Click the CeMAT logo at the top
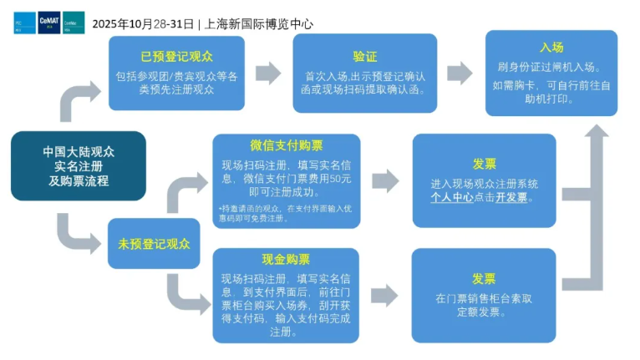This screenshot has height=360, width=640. (49, 23)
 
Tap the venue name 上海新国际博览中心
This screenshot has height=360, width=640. (260, 23)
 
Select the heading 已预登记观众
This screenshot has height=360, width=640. (176, 57)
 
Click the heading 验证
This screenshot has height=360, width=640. (364, 57)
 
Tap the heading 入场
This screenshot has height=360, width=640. (551, 47)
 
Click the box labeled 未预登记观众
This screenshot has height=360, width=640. (153, 245)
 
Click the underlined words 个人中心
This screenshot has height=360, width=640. (452, 198)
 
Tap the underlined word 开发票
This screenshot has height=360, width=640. (511, 198)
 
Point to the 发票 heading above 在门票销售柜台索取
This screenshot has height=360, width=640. (483, 279)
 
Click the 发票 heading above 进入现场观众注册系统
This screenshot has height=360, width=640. (483, 164)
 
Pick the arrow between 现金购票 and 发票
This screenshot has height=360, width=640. (385, 295)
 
